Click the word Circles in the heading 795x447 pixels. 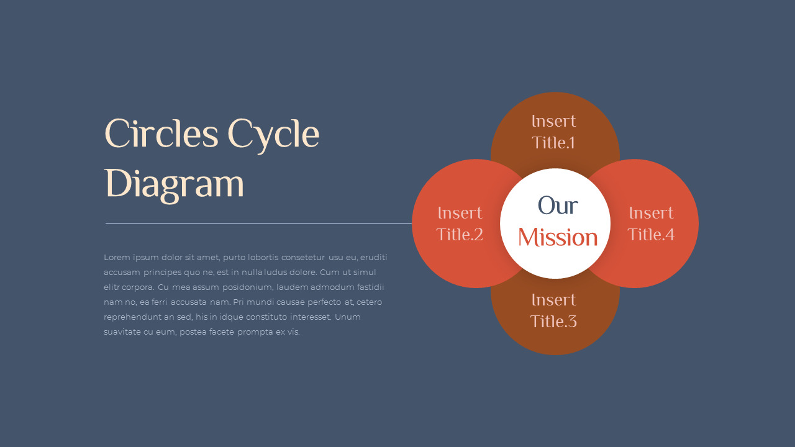coord(161,133)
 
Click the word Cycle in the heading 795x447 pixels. coord(273,136)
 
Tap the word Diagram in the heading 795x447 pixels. coord(175,185)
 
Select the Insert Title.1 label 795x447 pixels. coord(553,132)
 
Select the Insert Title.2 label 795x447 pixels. coord(460,224)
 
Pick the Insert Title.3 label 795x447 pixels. coord(553,311)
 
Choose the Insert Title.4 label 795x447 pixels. coord(651,224)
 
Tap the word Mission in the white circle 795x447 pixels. coord(558,237)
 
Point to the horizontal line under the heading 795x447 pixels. coord(258,223)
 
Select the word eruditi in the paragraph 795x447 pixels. coord(373,257)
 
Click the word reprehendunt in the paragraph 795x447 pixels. coord(132,317)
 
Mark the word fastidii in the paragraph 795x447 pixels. coord(371,287)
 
